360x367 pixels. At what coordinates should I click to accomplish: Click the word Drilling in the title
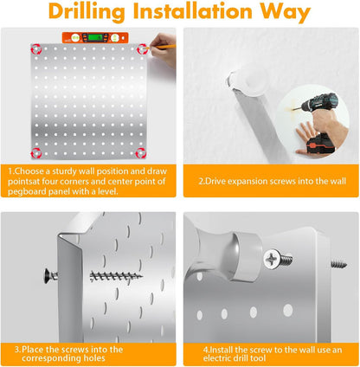[x=87, y=12]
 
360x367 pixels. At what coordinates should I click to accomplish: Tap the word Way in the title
[x=285, y=12]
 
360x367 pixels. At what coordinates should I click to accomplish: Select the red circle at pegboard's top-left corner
[x=36, y=49]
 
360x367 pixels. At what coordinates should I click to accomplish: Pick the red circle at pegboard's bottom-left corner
[x=36, y=153]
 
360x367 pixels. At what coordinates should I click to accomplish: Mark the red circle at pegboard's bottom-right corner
[x=141, y=153]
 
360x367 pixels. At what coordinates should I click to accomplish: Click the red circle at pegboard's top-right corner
[x=142, y=49]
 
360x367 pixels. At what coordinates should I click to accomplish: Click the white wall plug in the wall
[x=250, y=83]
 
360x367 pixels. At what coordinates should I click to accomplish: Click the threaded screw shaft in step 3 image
[x=116, y=277]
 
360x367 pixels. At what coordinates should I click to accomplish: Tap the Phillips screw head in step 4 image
[x=272, y=259]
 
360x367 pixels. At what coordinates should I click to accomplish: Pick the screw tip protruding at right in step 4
[x=338, y=263]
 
